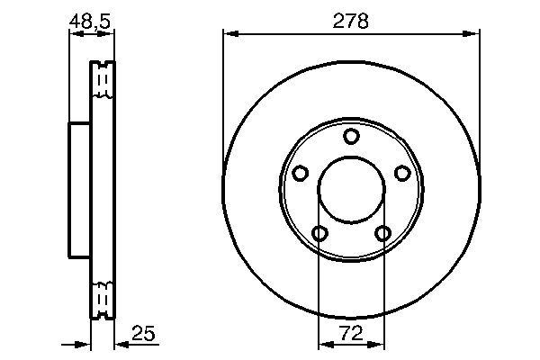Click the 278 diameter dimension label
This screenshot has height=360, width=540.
(351, 22)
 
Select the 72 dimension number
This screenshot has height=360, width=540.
(351, 333)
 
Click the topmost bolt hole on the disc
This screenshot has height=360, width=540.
(351, 136)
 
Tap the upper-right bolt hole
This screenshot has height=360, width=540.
(402, 173)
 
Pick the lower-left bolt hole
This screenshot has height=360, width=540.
(319, 234)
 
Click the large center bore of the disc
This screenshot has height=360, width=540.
(351, 190)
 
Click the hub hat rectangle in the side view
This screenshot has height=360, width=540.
(80, 190)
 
